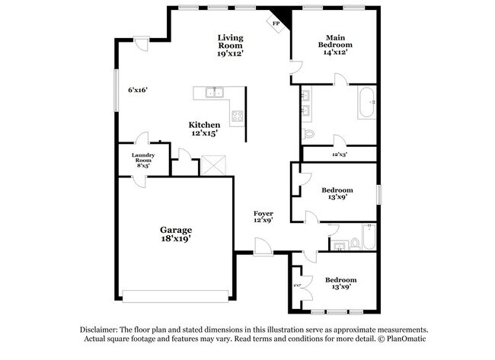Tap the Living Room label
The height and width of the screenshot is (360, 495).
coord(230,46)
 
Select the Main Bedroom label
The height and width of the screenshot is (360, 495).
coord(336,45)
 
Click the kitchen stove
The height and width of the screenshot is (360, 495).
coord(237,116)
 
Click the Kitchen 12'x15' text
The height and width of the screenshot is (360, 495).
coord(205,129)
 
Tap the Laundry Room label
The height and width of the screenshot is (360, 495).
coord(144,160)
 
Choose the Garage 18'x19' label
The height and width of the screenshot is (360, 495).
coord(175,234)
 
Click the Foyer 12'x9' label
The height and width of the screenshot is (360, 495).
coord(263,217)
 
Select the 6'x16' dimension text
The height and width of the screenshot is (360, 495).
coord(137,90)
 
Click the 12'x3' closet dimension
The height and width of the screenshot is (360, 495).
coord(340,155)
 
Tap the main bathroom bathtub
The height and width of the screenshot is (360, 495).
coord(367,102)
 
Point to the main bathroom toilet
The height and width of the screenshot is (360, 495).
coord(308,135)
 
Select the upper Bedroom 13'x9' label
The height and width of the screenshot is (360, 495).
coord(336,193)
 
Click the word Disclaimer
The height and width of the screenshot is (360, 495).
coord(100,329)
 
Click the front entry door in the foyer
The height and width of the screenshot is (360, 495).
coord(261,247)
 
